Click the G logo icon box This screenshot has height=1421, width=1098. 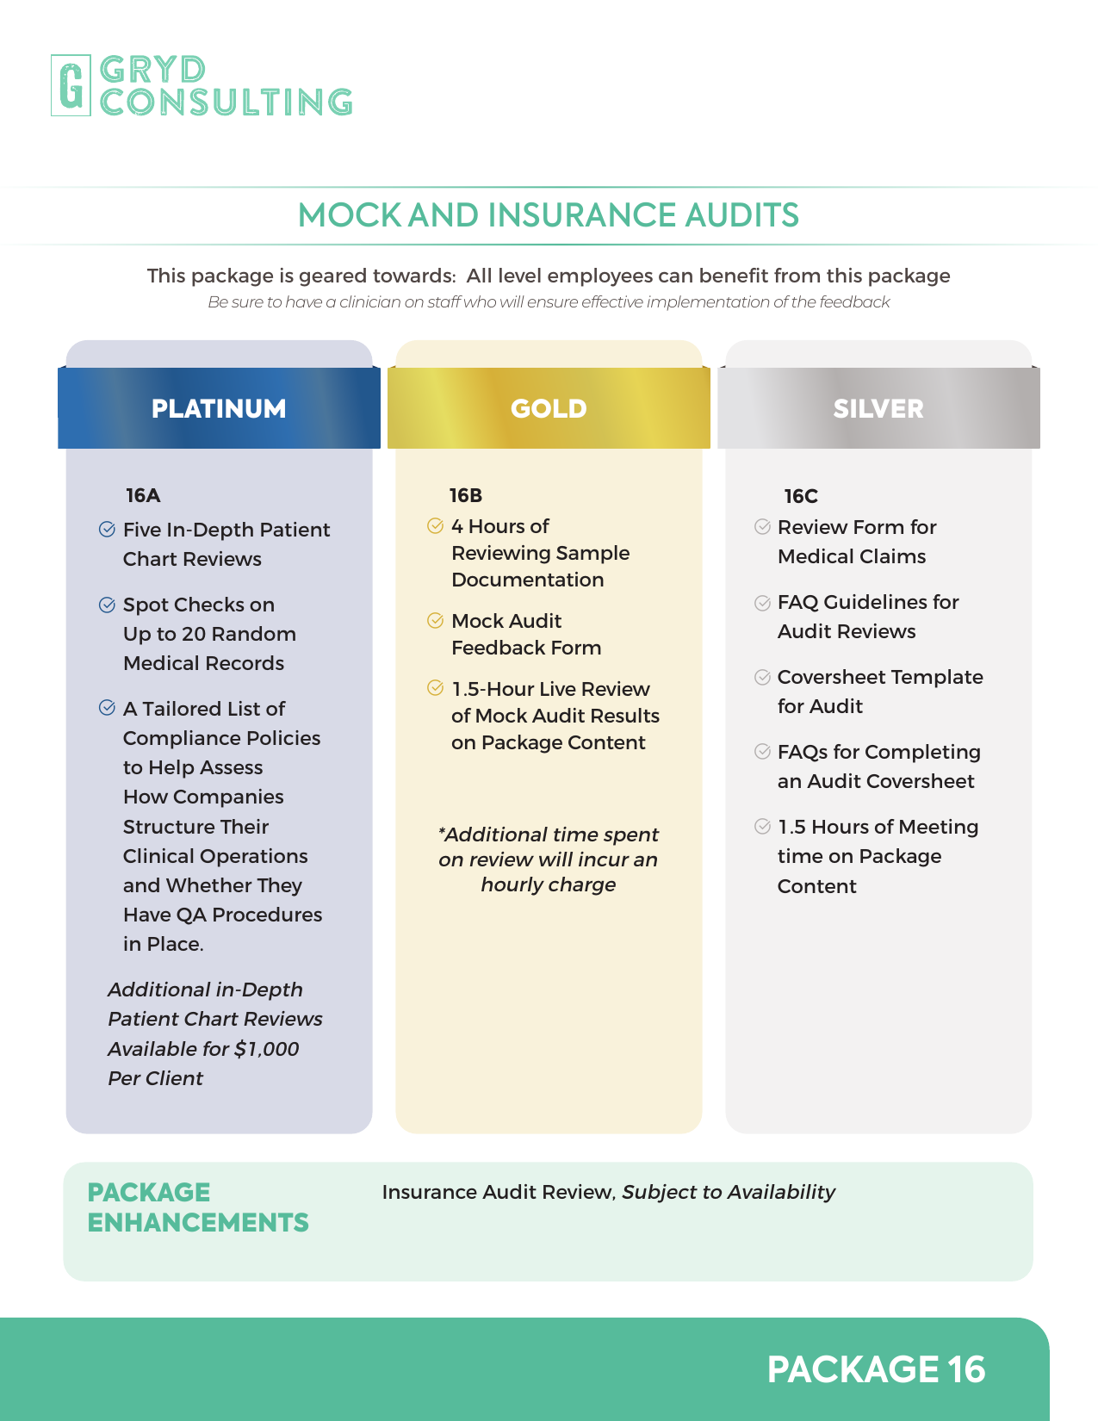(71, 85)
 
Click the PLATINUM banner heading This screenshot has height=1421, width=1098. (219, 408)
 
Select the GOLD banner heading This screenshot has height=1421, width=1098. (549, 408)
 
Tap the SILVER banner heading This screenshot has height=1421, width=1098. (878, 408)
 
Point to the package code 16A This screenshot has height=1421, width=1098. (143, 495)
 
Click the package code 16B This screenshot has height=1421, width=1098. (466, 495)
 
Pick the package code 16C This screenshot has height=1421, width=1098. (801, 496)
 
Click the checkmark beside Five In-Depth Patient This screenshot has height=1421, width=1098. (107, 530)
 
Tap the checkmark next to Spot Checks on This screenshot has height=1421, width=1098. (107, 605)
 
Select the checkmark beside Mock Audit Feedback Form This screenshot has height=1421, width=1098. (436, 620)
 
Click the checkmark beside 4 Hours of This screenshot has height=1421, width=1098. (436, 525)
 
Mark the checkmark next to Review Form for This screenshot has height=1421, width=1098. (762, 526)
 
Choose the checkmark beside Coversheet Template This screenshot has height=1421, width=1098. (762, 677)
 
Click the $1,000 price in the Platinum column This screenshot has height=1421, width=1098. (267, 1049)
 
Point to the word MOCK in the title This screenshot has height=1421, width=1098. (349, 215)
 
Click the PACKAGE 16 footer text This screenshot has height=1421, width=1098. (876, 1369)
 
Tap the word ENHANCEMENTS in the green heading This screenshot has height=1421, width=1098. (198, 1222)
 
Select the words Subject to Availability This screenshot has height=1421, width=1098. (729, 1192)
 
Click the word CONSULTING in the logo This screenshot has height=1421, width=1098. (226, 102)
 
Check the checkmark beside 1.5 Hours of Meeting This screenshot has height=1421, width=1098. (762, 827)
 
